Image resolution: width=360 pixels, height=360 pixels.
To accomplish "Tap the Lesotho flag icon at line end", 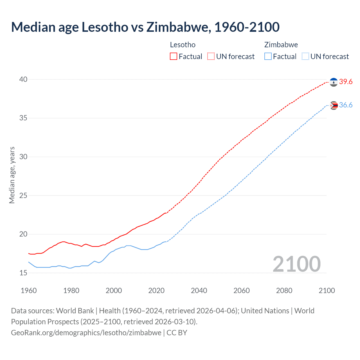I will (334, 82).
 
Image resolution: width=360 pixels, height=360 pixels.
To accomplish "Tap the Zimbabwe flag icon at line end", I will (334, 105).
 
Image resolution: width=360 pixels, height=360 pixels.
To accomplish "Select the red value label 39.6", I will (346, 82).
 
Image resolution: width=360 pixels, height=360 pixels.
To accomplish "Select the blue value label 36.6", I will (346, 105).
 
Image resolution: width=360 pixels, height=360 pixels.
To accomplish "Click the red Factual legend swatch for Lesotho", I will (174, 57).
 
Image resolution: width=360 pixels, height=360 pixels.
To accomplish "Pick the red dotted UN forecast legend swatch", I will (211, 57).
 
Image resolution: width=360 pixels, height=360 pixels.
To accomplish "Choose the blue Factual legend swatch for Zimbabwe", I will (268, 57).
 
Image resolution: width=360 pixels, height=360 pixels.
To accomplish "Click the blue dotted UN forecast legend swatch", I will (305, 57).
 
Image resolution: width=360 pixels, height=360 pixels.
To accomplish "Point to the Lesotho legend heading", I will (183, 45).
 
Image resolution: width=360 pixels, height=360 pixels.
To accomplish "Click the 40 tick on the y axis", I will (23, 79).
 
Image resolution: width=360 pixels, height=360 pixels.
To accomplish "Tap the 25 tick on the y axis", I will (23, 195).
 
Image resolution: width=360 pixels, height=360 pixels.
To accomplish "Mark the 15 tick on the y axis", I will (23, 273).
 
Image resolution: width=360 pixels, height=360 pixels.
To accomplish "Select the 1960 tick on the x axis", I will (29, 291).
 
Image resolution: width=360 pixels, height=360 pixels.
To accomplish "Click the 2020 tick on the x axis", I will (156, 291).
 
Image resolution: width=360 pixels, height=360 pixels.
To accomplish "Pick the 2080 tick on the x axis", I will (284, 291).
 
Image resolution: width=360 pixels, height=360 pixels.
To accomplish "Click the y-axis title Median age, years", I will (12, 175).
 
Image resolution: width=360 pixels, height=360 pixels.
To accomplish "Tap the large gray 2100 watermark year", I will (297, 264).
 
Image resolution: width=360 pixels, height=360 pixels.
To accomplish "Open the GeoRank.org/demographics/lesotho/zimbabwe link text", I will (86, 333).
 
